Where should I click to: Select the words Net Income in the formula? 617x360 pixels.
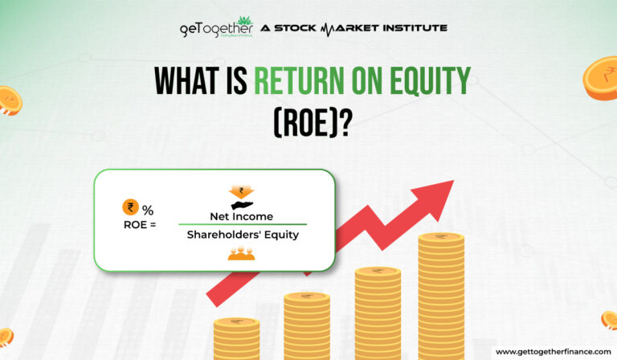(241, 216)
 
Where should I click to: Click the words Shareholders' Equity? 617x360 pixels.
(241, 235)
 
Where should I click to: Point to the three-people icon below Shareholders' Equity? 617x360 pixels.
(241, 254)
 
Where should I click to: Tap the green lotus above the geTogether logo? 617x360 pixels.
(244, 19)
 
